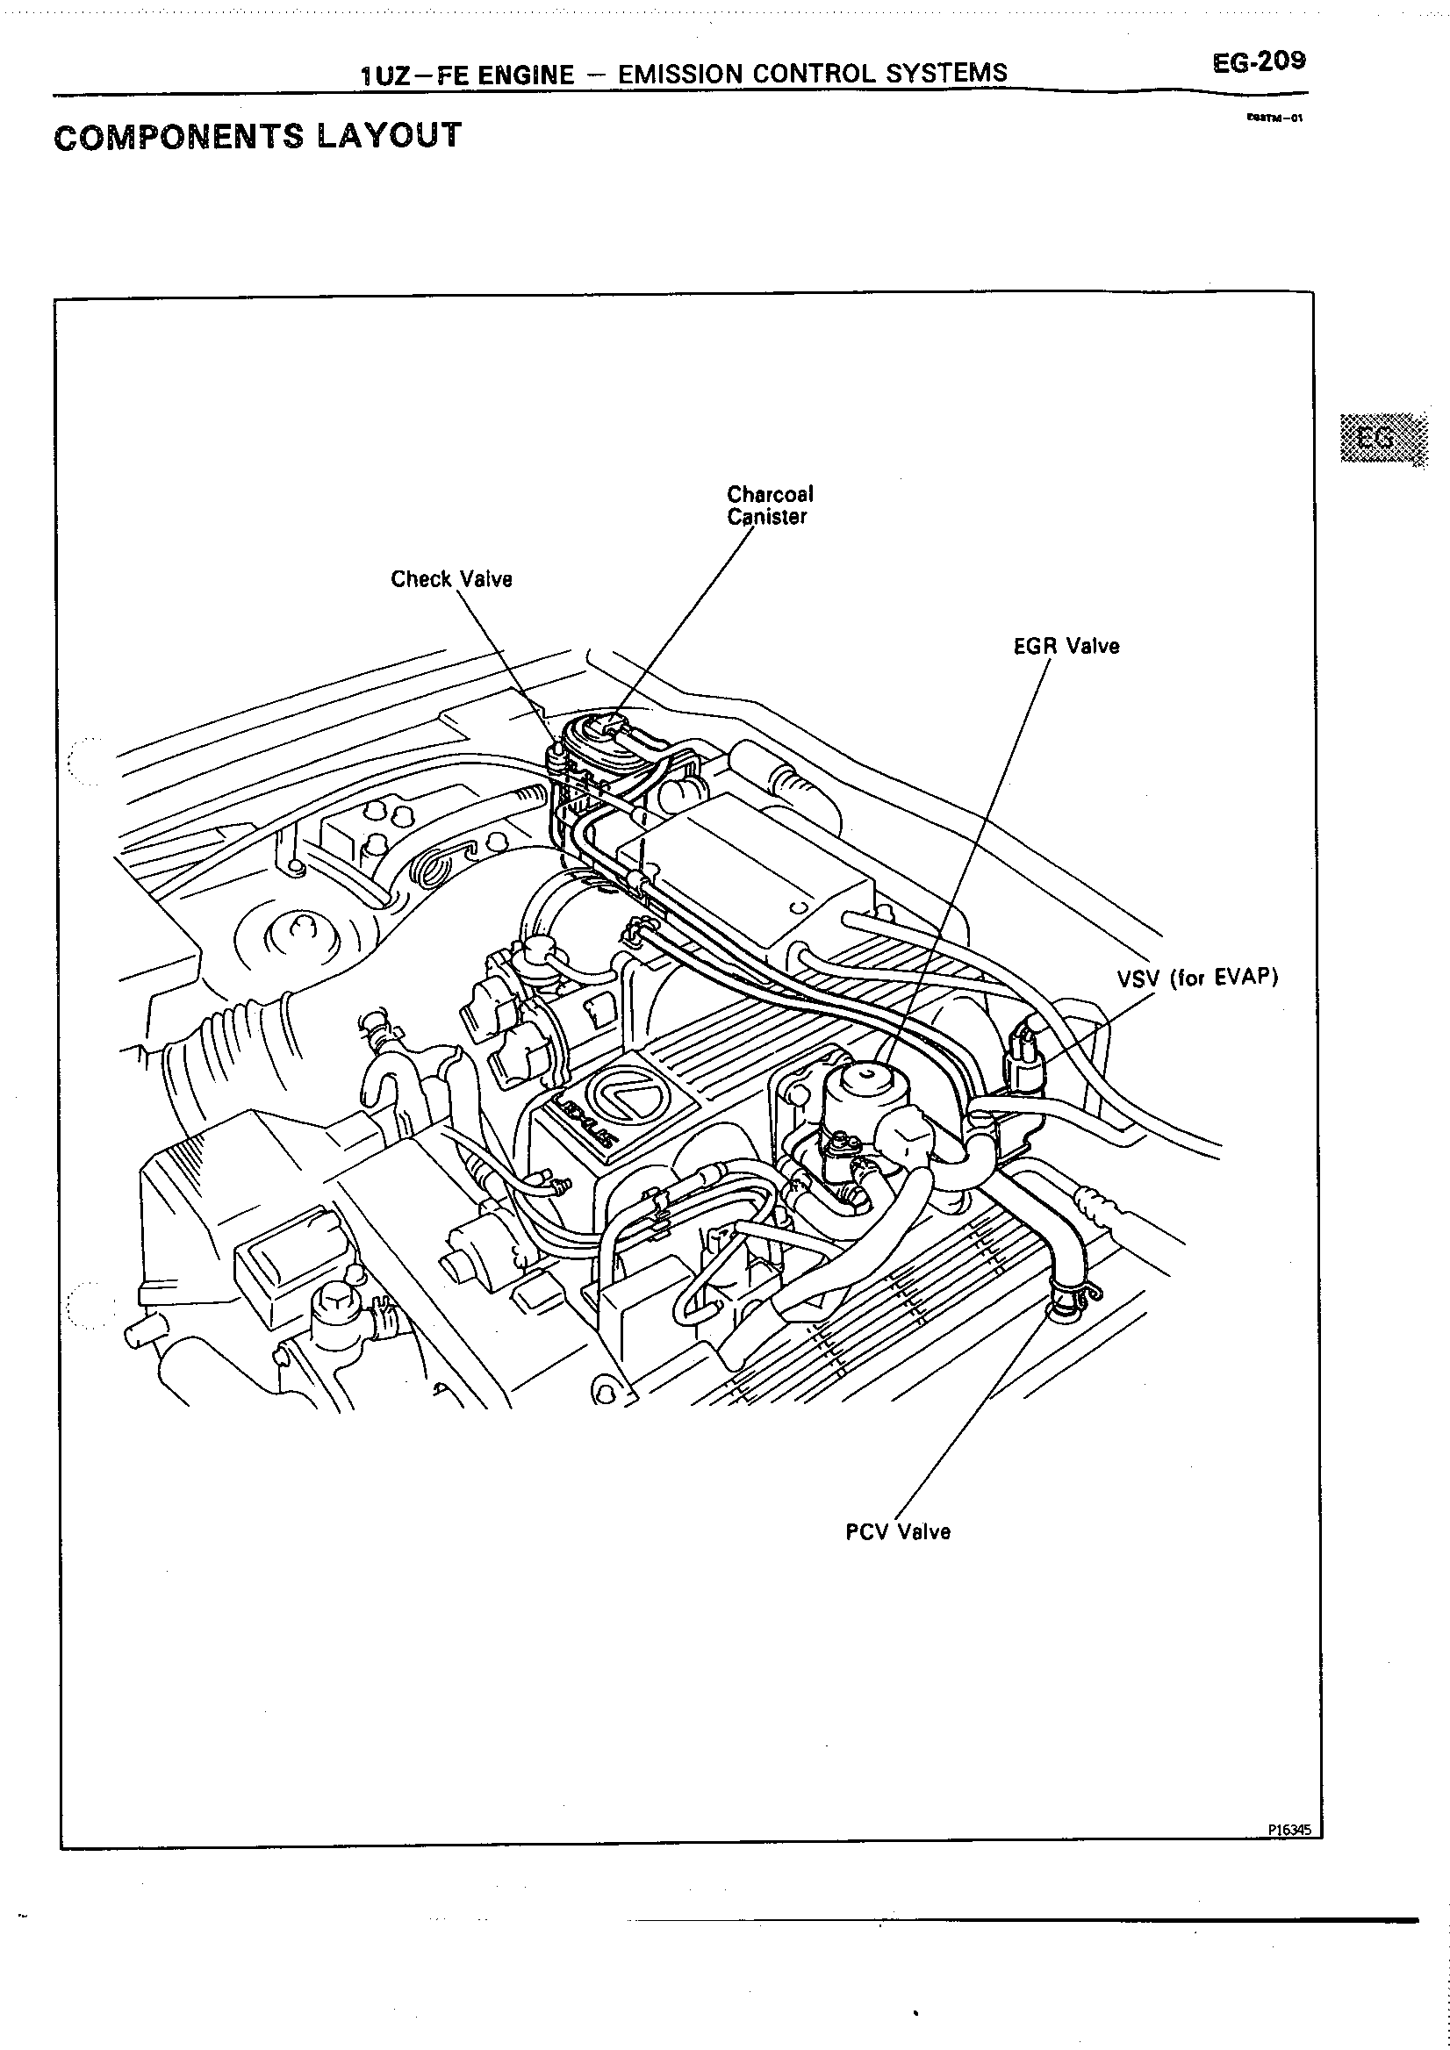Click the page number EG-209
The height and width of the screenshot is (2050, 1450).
point(1258,61)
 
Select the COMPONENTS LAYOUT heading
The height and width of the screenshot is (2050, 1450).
point(258,136)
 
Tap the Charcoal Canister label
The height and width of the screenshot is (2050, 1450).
point(770,505)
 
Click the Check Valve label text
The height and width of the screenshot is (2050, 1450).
point(451,579)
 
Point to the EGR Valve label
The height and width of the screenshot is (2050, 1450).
point(1066,647)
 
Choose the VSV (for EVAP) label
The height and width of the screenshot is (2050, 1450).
point(1196,978)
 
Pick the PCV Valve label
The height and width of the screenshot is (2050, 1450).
point(897,1532)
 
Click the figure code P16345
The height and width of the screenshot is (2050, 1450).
point(1289,1830)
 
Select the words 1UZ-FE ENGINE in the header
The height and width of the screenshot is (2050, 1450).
point(467,75)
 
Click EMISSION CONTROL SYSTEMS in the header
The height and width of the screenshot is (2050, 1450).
point(812,73)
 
